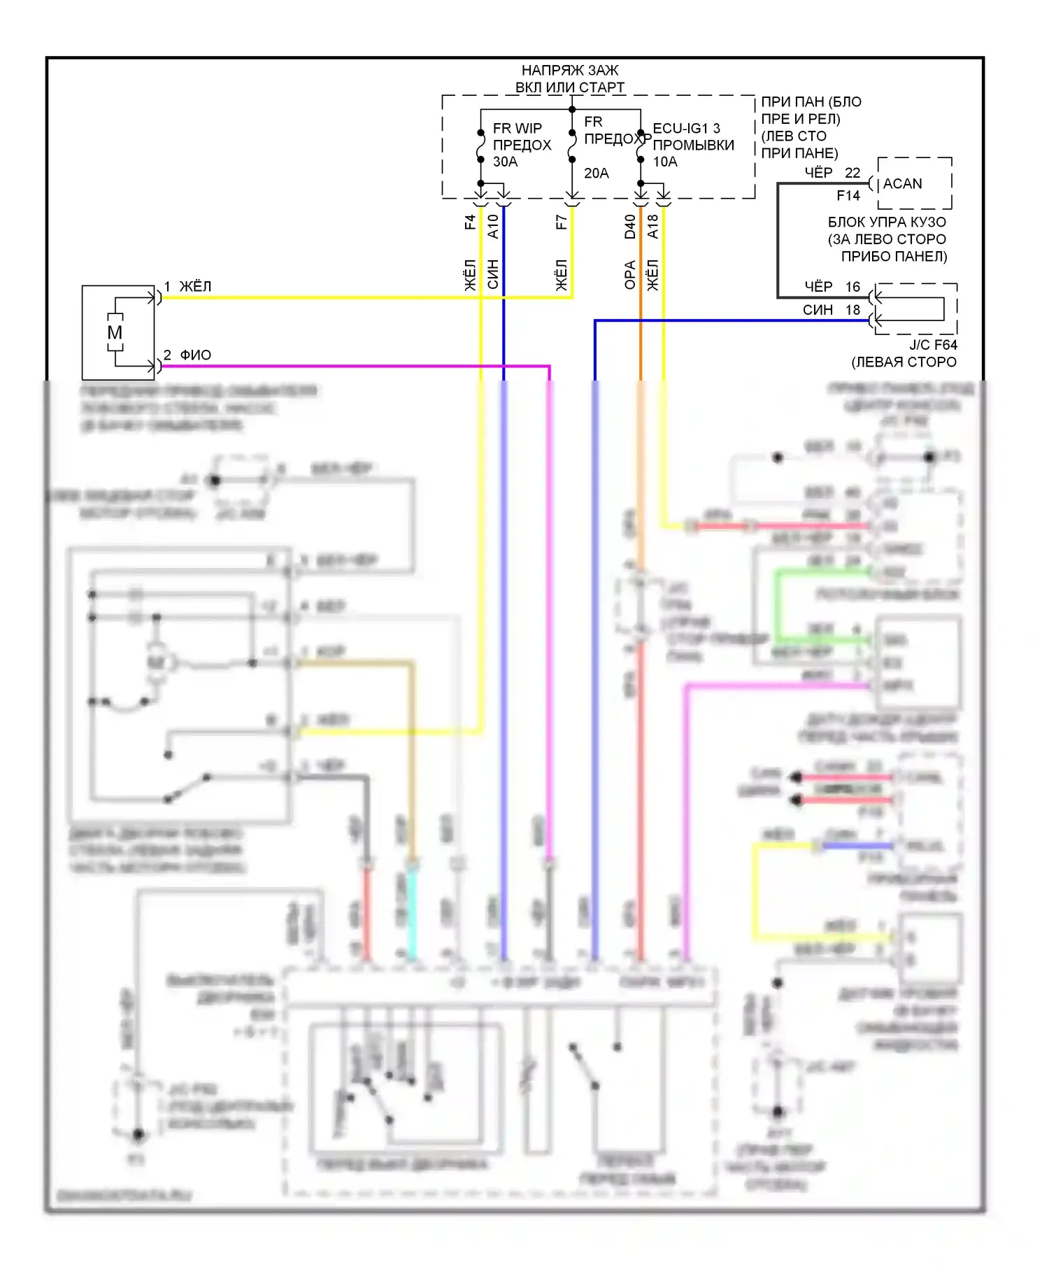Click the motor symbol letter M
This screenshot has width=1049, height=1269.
pyautogui.click(x=115, y=332)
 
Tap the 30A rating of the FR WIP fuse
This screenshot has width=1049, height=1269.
pyautogui.click(x=505, y=162)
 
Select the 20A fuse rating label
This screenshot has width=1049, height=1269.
pyautogui.click(x=596, y=173)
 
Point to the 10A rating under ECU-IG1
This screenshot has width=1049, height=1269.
pyautogui.click(x=665, y=162)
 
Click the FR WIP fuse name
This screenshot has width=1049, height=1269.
pyautogui.click(x=517, y=128)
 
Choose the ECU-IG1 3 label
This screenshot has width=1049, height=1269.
pyautogui.click(x=686, y=128)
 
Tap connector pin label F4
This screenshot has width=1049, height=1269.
pyautogui.click(x=470, y=222)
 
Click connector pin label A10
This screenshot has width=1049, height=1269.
pyautogui.click(x=493, y=226)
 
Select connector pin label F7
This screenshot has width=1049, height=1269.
pyautogui.click(x=561, y=222)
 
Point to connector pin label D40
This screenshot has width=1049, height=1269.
pyautogui.click(x=630, y=226)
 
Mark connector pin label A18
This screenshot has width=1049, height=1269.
pyautogui.click(x=653, y=226)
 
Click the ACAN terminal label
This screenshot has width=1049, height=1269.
pyautogui.click(x=902, y=183)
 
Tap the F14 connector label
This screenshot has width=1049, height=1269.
pyautogui.click(x=848, y=195)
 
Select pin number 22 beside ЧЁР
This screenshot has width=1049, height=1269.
pyautogui.click(x=852, y=172)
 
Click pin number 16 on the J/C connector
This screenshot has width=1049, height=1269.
pyautogui.click(x=852, y=286)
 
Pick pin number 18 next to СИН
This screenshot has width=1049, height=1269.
pyautogui.click(x=852, y=309)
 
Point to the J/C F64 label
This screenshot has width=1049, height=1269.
pyautogui.click(x=933, y=344)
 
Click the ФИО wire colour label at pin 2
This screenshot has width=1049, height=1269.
pyautogui.click(x=195, y=355)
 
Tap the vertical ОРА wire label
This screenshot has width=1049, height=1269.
pyautogui.click(x=630, y=275)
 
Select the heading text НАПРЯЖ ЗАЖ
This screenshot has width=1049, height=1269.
pyautogui.click(x=570, y=70)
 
